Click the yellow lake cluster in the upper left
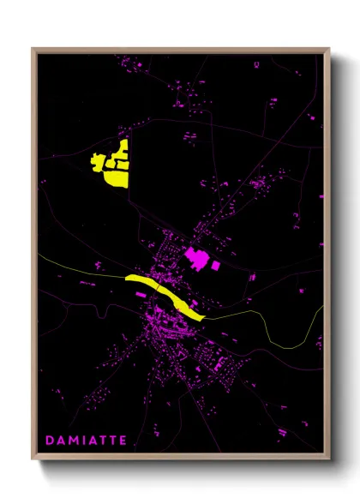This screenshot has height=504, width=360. tap(111, 164)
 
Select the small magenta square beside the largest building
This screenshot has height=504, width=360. tap(215, 266)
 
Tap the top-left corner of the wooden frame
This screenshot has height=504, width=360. tap(33, 49)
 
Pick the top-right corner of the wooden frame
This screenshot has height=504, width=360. tap(329, 49)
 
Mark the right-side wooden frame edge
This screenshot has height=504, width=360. tap(327, 257)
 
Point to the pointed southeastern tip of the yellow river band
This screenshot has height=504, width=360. tap(204, 318)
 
